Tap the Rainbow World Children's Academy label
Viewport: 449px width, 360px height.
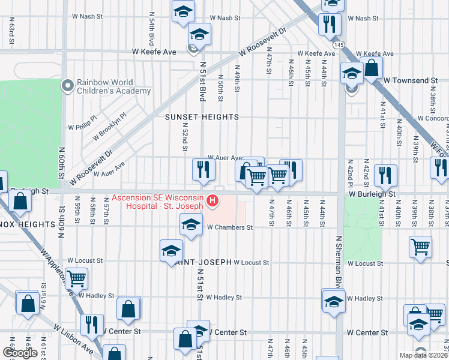click(113, 87)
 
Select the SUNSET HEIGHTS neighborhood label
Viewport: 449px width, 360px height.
click(202, 117)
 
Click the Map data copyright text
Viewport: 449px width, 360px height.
click(423, 355)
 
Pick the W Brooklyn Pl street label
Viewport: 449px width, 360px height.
click(109, 127)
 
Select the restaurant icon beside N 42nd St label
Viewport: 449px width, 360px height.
click(385, 175)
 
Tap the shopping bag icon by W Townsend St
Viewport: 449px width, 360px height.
click(372, 68)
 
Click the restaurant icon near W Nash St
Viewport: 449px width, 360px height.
click(329, 25)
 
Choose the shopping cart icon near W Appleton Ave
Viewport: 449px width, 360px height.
click(76, 278)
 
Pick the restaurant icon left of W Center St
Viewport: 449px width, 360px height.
click(91, 325)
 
